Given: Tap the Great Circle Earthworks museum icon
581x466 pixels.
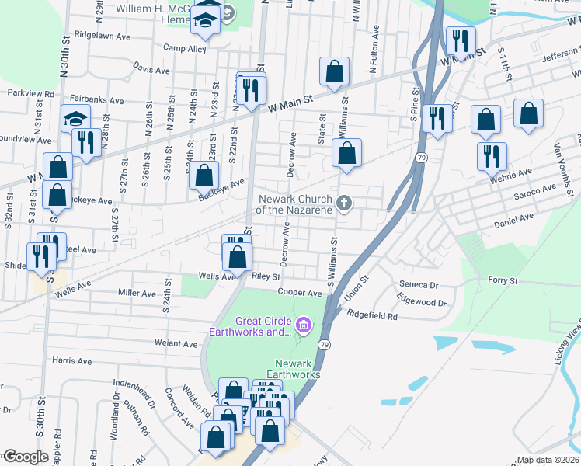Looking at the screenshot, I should (x=303, y=324).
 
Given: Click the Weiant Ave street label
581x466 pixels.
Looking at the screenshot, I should (x=176, y=343).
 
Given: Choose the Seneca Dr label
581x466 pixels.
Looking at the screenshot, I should (x=419, y=284).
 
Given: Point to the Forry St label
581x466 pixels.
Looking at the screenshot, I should (x=502, y=280).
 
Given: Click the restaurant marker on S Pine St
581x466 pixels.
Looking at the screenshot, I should (x=438, y=118).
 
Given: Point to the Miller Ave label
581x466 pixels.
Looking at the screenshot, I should (x=137, y=293).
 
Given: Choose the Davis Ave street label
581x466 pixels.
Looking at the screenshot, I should (x=151, y=70).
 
